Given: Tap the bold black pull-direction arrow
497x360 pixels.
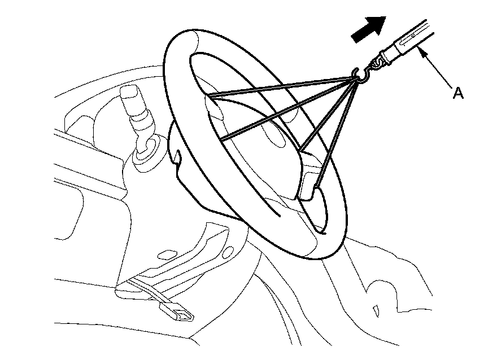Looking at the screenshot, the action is click(368, 28).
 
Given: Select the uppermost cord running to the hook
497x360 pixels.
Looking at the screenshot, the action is click(282, 86).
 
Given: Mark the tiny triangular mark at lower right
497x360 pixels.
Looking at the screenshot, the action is click(374, 310).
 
